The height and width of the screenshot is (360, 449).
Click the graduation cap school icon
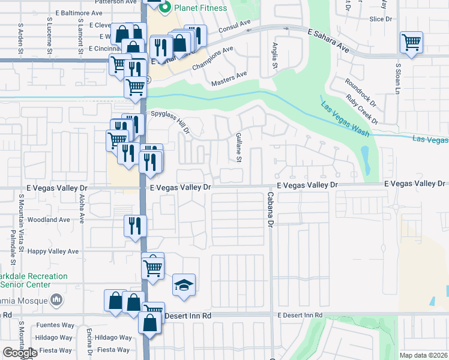tap(184, 285)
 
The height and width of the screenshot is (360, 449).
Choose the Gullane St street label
tap(238, 148)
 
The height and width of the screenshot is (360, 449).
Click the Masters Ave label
tap(228, 77)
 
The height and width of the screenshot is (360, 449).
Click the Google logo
tap(20, 353)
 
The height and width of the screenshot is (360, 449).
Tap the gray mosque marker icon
tap(56, 299)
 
